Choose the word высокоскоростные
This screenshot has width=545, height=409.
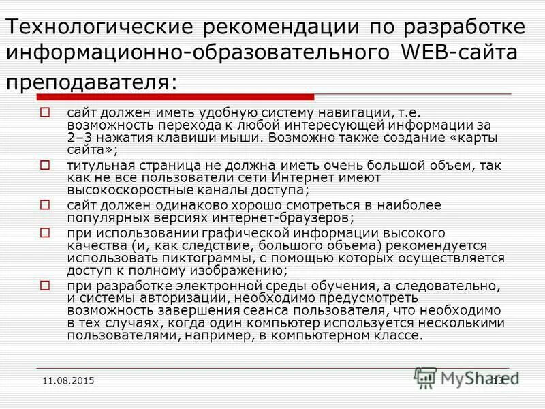coord(132,190)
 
